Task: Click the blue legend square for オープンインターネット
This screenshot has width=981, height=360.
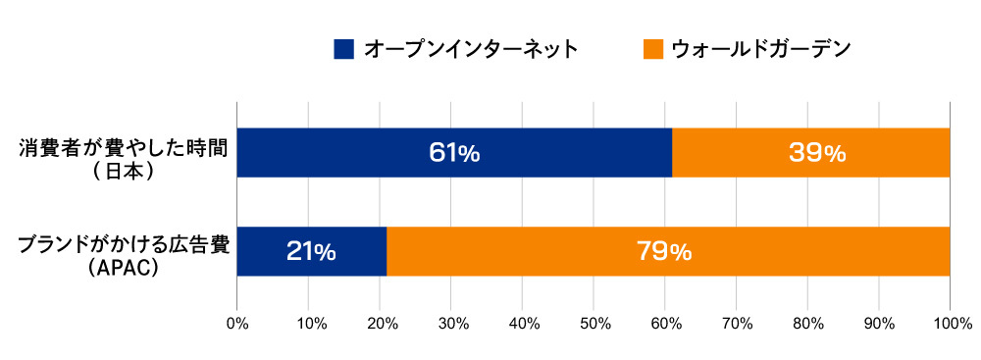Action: [x=343, y=48]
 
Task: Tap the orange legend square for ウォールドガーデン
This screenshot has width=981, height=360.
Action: [x=652, y=48]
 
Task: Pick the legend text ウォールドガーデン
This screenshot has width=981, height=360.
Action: [x=760, y=48]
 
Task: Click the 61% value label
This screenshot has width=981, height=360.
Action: [x=454, y=153]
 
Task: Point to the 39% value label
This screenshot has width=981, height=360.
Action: [x=816, y=153]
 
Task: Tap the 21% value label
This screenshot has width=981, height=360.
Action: [x=311, y=252]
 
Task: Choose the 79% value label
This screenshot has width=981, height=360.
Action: [x=666, y=252]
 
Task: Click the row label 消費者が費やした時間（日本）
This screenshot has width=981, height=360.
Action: [x=125, y=160]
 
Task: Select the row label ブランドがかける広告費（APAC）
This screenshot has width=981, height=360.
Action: [x=125, y=256]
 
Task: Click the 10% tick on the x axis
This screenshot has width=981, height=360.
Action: [x=309, y=323]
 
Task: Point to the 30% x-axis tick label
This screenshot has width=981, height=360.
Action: [x=451, y=323]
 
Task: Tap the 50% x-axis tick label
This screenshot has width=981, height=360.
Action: [x=594, y=323]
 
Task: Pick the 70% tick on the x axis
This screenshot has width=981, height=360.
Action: [x=737, y=323]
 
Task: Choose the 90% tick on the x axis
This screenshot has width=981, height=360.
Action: [x=880, y=323]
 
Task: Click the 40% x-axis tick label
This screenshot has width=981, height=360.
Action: [x=523, y=323]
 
